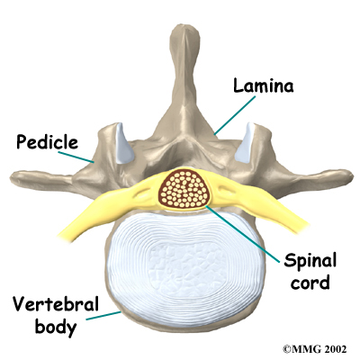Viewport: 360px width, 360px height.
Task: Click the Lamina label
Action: point(264,86)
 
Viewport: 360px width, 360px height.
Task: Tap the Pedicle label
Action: point(47,142)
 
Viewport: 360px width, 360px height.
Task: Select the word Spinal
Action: point(310,262)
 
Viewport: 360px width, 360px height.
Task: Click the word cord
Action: point(310,283)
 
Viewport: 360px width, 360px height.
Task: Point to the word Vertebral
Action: point(56,304)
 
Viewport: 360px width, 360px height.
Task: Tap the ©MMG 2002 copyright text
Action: point(315,349)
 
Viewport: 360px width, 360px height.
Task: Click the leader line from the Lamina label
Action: point(235,114)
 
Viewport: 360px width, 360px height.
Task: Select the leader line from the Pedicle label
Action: point(76,157)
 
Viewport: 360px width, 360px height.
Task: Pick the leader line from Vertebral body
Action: point(103,315)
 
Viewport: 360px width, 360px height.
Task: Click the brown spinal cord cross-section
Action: point(184,189)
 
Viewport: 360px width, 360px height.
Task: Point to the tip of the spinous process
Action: point(184,28)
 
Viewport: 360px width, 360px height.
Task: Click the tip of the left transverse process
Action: point(12,178)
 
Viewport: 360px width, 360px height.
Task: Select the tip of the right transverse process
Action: point(351,175)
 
